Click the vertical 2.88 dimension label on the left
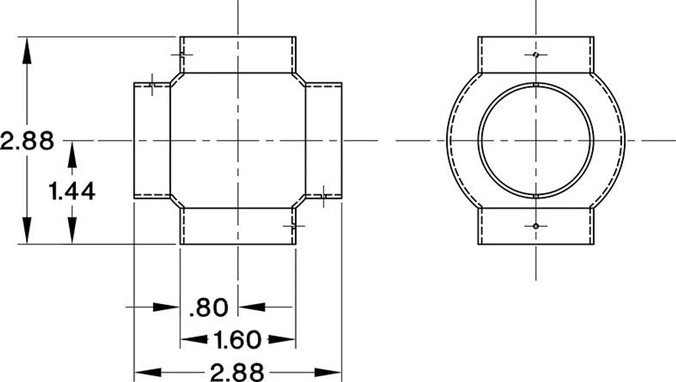click(27, 141)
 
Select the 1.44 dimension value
click(72, 191)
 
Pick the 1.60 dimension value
click(237, 340)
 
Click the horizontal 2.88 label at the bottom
click(237, 373)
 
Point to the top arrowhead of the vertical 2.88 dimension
click(27, 50)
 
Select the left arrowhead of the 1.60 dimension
click(193, 339)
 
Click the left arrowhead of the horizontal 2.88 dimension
click(148, 373)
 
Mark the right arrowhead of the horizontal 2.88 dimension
click(328, 373)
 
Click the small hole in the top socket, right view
click(536, 54)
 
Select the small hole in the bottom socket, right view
click(536, 226)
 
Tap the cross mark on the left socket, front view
click(152, 84)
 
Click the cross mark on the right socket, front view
click(323, 196)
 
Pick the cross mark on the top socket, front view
click(181, 54)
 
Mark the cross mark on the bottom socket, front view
click(293, 225)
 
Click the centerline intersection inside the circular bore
click(536, 141)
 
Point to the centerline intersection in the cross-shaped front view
click(238, 141)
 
